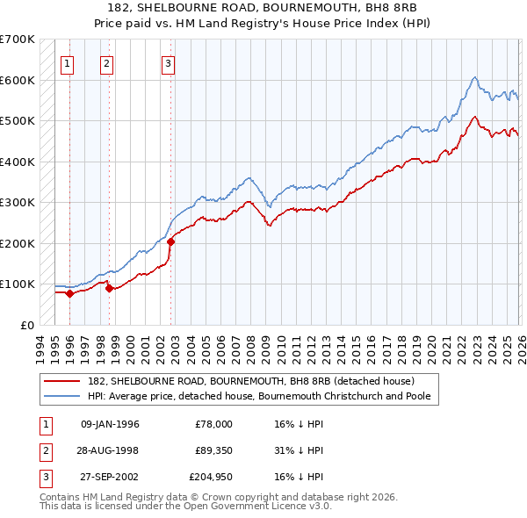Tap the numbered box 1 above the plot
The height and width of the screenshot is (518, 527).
[68, 62]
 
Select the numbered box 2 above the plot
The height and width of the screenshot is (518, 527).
[106, 62]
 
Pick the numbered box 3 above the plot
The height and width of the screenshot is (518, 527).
[168, 62]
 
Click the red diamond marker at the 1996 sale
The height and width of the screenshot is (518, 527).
[69, 293]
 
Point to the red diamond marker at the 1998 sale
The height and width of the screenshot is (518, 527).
[109, 288]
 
